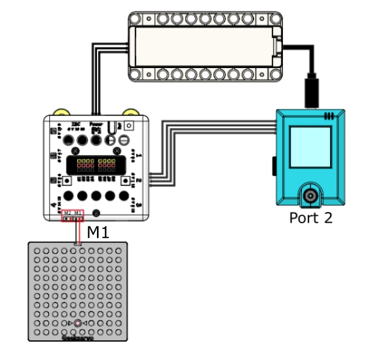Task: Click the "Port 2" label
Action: (311, 218)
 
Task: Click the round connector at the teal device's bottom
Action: (310, 196)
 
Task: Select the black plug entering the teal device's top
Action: (312, 92)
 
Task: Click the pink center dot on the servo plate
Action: (77, 323)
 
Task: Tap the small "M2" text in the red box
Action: (67, 212)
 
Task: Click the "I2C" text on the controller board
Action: (77, 123)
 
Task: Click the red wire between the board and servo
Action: (78, 230)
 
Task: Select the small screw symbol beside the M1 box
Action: (96, 212)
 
